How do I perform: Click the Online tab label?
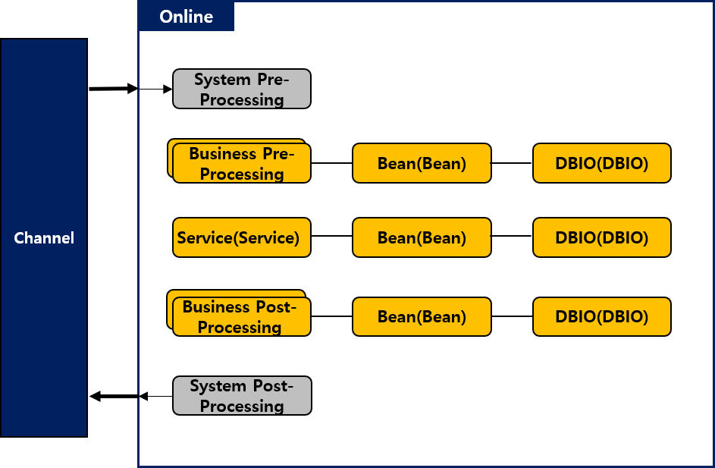coord(187,17)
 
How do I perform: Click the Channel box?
coord(44,238)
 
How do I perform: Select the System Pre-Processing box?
coord(242,89)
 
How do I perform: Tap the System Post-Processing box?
coord(242,396)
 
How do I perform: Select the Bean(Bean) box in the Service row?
coord(422,237)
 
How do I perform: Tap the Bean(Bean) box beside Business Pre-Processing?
coord(422,163)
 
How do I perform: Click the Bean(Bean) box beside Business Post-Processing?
coord(422,317)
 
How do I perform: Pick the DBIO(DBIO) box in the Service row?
coord(601,237)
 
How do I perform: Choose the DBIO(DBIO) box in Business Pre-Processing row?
coord(601,163)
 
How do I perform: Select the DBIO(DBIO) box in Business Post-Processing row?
coord(601,317)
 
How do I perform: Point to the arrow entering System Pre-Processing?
coord(155,89)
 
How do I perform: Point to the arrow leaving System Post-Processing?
coord(155,396)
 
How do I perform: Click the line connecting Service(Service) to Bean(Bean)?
coord(331,236)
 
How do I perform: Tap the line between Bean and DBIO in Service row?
coord(512,236)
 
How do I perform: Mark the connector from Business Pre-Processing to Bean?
coord(331,163)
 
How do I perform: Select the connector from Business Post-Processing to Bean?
coord(331,316)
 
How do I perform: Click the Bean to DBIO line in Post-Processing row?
coord(512,316)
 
